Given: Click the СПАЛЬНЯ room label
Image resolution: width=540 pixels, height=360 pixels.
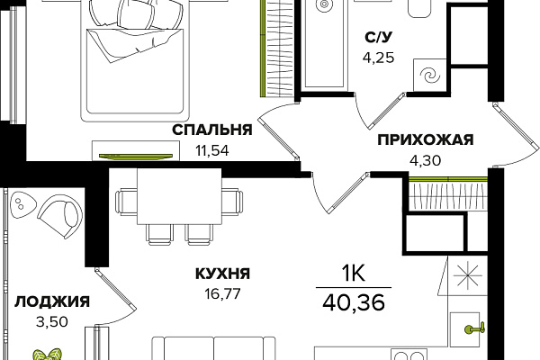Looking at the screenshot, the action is (x=212, y=130).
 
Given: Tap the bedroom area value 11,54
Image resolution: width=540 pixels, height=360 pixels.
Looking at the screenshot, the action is (x=212, y=151).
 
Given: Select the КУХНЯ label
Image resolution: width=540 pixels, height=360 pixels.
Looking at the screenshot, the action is (x=223, y=274).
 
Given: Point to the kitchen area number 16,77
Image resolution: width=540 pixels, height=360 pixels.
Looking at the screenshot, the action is (x=223, y=294).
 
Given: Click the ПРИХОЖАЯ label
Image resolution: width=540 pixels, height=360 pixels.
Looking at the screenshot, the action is (x=426, y=139).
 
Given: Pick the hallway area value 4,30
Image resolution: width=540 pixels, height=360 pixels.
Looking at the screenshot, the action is (x=426, y=160).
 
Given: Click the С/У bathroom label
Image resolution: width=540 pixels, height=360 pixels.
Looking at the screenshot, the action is (x=379, y=37).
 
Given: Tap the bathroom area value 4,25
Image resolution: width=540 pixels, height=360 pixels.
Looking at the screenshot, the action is (x=379, y=58).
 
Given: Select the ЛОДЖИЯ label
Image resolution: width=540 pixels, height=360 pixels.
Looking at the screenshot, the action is (x=52, y=301).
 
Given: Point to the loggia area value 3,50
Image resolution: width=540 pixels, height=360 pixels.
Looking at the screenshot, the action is (x=52, y=322).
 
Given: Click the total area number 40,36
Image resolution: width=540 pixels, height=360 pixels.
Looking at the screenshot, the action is (x=354, y=302).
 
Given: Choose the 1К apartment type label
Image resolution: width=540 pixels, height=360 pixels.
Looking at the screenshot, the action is (x=353, y=274).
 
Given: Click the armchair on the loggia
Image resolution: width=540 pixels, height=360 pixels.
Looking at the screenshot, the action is (x=61, y=215).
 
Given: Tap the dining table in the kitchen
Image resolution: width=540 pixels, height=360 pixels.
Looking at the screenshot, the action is (x=179, y=196).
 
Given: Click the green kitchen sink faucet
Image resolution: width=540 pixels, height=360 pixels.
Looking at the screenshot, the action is (x=475, y=329).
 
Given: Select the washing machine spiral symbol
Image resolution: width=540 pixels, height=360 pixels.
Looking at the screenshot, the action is (x=430, y=76).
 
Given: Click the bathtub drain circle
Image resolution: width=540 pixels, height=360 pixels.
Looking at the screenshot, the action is (x=324, y=4).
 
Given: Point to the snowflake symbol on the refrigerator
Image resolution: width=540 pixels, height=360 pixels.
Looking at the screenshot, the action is (x=467, y=275).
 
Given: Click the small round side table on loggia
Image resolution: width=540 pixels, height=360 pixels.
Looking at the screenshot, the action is (x=22, y=204).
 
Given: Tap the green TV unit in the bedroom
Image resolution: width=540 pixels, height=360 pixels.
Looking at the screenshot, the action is (x=136, y=157).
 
